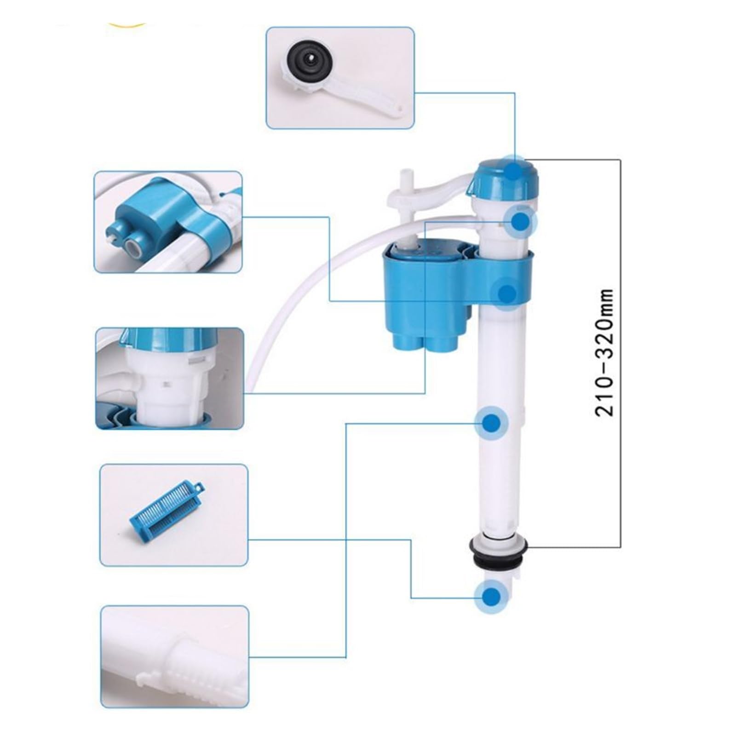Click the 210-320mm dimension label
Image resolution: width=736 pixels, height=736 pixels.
pos(604,353)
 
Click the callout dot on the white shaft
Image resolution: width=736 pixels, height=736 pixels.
pos(492,422)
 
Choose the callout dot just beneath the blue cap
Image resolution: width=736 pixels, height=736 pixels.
pos(521,221)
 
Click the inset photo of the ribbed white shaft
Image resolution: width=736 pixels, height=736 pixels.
pos(175,656)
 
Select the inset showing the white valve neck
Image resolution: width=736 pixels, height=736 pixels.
pos(170,378)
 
